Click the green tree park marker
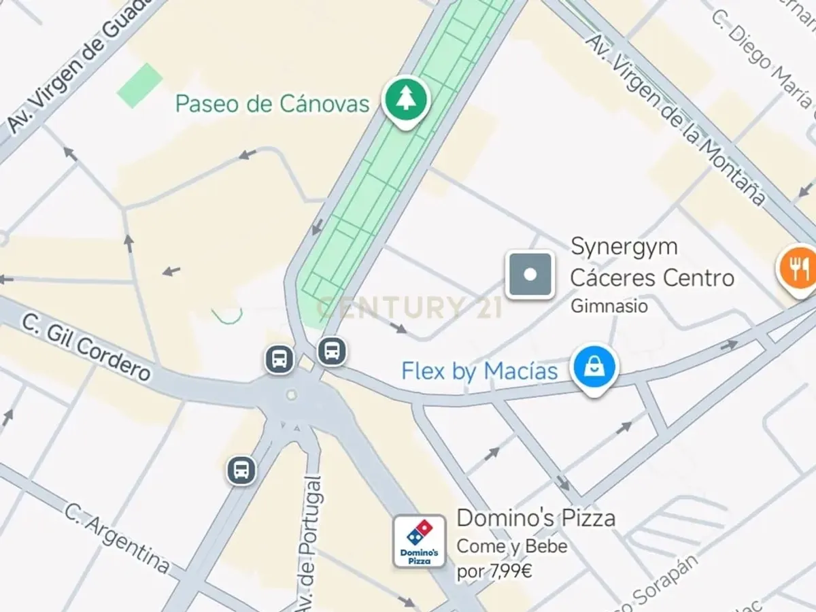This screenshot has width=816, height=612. point(406,99)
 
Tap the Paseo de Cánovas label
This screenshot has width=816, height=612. point(272,104)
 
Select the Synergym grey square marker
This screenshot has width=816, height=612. point(530,275)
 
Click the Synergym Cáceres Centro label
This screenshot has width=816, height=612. point(651,262)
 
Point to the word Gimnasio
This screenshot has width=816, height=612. point(609,306)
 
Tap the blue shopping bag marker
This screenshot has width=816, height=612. point(594,367)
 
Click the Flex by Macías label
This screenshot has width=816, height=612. point(479,371)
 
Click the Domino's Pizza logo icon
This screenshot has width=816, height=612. point(420,541)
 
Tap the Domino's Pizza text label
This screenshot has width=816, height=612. point(536,518)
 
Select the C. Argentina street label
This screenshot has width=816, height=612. point(117,537)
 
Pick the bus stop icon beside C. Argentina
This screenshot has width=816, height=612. point(241,469)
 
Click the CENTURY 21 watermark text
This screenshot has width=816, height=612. point(409,307)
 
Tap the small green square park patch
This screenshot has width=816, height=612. point(139,85)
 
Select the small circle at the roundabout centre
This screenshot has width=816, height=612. point(292,394)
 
